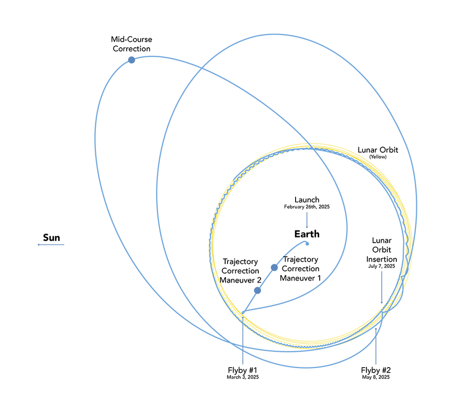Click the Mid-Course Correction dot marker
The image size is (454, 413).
pos(131,60)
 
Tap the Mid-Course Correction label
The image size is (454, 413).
pos(131,44)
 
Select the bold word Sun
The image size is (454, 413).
pos(52,237)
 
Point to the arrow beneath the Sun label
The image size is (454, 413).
pos(51,245)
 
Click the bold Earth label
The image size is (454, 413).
pos(307,234)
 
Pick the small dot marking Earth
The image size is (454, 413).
pos(307,244)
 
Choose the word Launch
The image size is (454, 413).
pos(307,200)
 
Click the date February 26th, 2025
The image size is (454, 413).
pos(307,207)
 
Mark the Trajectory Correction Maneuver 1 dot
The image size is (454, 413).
pos(274,268)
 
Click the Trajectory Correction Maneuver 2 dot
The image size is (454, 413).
pos(258,290)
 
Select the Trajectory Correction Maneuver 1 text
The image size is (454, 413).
pos(300,269)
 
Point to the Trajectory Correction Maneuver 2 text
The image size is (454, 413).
pos(241,271)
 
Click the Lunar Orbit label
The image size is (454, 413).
pos(378,150)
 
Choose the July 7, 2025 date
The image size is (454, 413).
pos(382,266)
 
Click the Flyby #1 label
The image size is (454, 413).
pos(243,369)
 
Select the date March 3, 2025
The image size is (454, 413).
pos(243,377)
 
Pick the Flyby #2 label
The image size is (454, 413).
pos(376,369)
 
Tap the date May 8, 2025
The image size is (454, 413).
pos(376,377)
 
